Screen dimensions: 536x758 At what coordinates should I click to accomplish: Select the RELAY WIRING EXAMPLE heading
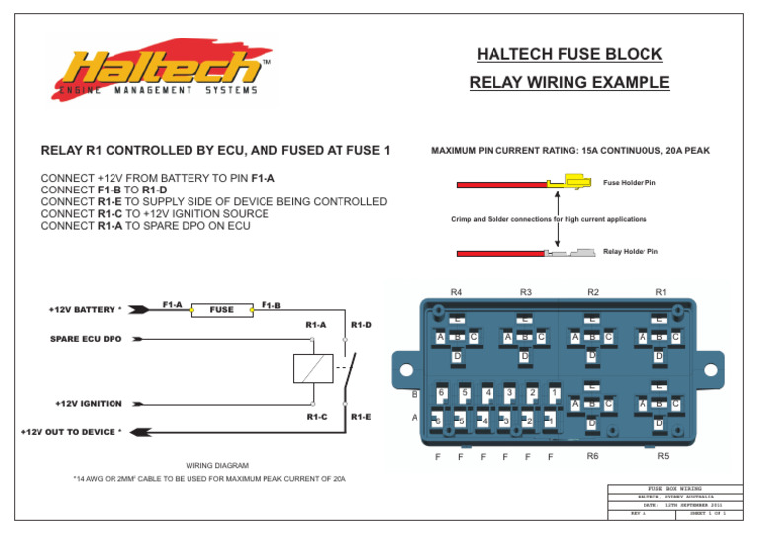(x=569, y=83)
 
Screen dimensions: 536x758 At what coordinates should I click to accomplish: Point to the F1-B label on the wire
(x=270, y=305)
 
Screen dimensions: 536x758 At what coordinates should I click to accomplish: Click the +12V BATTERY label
(x=87, y=309)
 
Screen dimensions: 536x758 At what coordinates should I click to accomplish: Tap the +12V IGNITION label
(x=89, y=403)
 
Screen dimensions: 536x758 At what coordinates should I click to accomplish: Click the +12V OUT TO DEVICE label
(x=71, y=431)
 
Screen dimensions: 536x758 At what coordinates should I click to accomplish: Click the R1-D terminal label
(x=361, y=324)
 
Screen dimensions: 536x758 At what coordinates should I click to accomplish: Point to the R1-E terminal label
(x=361, y=417)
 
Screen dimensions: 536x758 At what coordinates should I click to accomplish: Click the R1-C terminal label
(x=316, y=417)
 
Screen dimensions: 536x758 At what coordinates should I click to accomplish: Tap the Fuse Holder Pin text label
(x=630, y=182)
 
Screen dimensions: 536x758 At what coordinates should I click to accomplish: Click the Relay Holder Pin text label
(x=630, y=252)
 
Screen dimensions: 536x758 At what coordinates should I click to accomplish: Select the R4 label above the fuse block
(x=457, y=292)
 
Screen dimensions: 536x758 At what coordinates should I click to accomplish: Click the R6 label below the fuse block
(x=592, y=456)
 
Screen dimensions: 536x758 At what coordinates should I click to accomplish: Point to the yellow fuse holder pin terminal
(x=569, y=182)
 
